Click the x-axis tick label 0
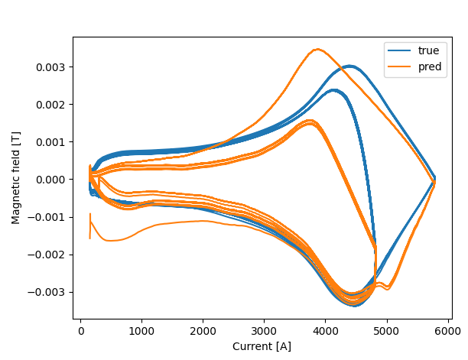81,331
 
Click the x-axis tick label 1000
142,331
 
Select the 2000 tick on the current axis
203,331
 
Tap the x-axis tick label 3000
265,331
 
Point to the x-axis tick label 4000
326,331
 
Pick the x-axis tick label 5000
387,331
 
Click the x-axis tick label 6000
448,331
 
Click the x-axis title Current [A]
262,346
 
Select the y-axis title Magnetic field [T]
16,177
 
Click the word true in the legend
428,50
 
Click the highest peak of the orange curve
317,50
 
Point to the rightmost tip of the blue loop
434,180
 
